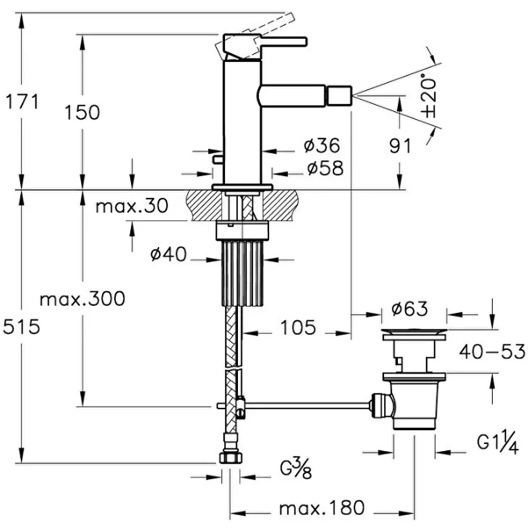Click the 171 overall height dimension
(x=22, y=102)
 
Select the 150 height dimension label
(x=82, y=112)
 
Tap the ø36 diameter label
(x=322, y=146)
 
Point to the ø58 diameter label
(x=325, y=168)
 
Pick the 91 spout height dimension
(x=400, y=146)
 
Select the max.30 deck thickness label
(x=131, y=205)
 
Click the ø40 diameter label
(x=168, y=254)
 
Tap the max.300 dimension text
(x=82, y=299)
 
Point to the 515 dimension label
(x=22, y=327)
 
